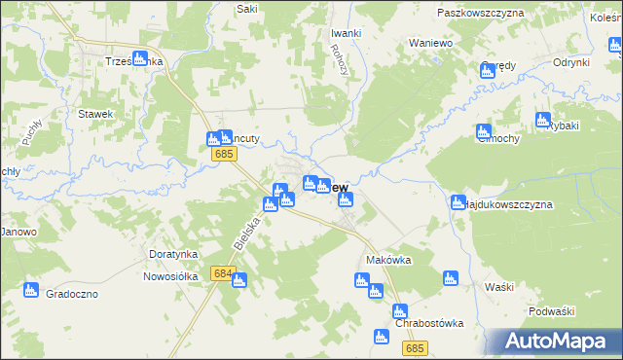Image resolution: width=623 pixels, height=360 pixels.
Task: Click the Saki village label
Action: pos(246,9)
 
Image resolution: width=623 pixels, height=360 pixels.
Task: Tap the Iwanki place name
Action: pos(346,33)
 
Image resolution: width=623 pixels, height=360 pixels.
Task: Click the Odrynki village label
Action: pos(571,62)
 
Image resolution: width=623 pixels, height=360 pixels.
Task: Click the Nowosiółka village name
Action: pos(169,275)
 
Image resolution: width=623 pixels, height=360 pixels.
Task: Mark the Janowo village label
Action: pos(18,232)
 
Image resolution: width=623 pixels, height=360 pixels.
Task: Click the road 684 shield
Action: pos(222,274)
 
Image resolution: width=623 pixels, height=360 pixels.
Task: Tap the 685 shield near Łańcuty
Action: pos(226,154)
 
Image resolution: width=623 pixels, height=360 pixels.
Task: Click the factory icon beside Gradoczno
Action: pos(31,290)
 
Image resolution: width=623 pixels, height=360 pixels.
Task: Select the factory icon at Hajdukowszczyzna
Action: pos(458,202)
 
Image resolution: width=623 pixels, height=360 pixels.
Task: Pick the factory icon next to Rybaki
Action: pos(542,121)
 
